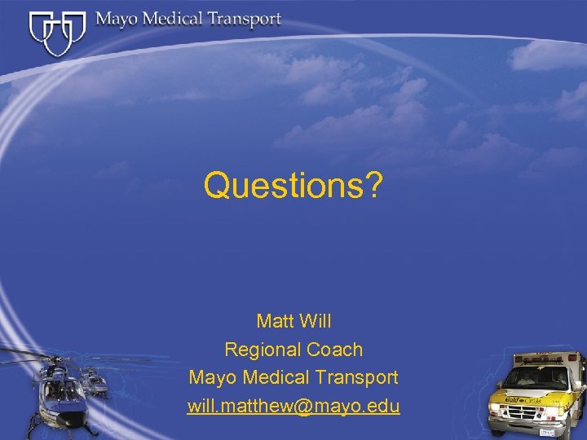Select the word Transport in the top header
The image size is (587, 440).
(x=244, y=20)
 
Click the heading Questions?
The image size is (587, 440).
(x=293, y=185)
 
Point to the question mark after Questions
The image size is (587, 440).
(x=373, y=185)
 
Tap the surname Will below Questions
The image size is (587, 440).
(x=315, y=320)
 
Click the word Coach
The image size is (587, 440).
(x=335, y=350)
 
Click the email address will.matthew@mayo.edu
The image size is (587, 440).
(x=293, y=406)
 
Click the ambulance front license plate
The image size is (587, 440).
(x=547, y=432)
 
